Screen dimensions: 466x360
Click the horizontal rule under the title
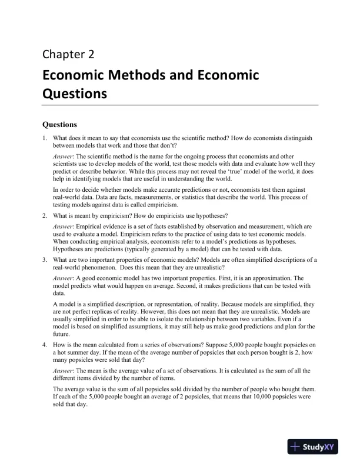180,105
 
